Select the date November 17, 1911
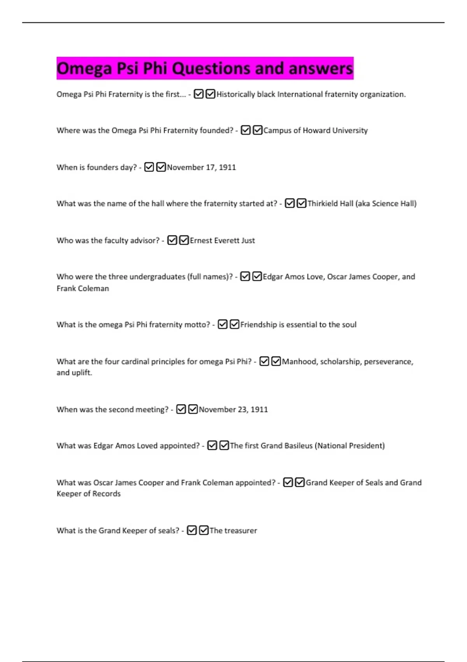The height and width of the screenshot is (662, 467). click(201, 167)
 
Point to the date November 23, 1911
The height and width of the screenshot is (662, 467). click(233, 410)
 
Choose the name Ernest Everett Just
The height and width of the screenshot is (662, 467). click(222, 241)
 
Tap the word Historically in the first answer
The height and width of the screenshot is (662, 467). click(235, 94)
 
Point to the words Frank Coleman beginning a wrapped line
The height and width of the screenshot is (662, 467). click(83, 289)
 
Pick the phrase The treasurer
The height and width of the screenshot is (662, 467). click(233, 531)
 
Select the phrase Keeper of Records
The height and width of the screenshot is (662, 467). click(89, 494)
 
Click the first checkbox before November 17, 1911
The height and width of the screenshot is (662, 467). click(149, 167)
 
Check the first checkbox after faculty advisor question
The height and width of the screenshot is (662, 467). click(172, 241)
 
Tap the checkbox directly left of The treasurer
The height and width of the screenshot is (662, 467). click(204, 531)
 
